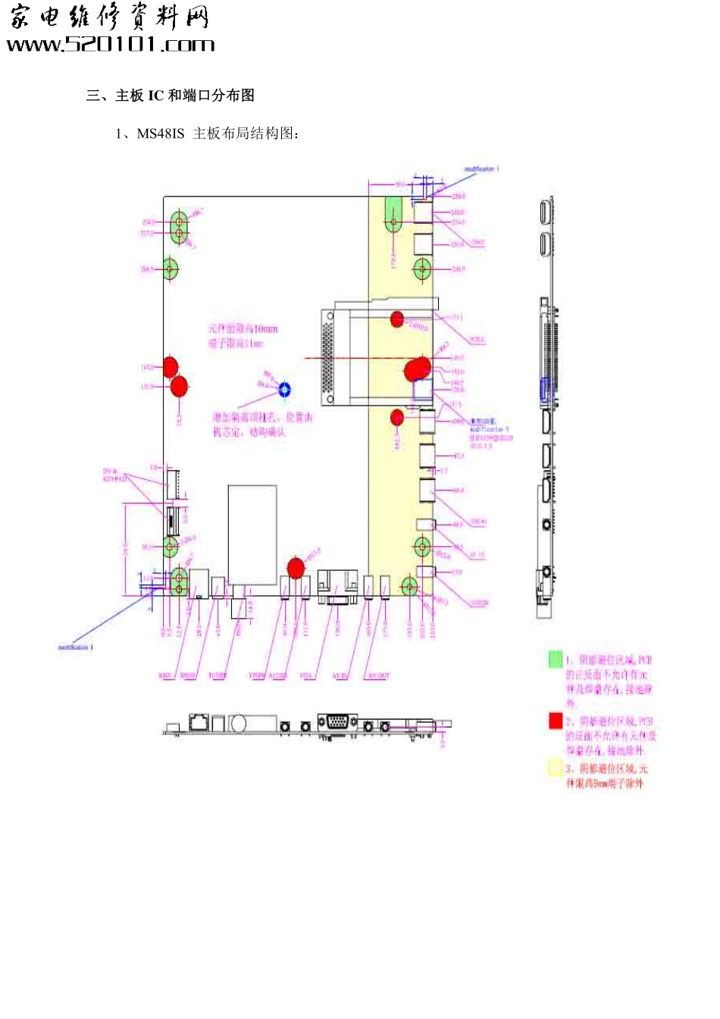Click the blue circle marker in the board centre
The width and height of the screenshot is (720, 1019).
click(x=285, y=390)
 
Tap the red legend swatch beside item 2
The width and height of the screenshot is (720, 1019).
click(x=556, y=721)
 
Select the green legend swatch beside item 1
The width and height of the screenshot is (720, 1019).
click(x=556, y=660)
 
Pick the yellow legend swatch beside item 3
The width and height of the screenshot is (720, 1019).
click(x=556, y=768)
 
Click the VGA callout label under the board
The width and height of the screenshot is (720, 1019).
click(x=306, y=676)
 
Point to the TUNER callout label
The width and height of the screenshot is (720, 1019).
click(x=218, y=676)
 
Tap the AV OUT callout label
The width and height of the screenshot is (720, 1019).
click(x=378, y=676)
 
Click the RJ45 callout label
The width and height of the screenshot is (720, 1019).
click(x=166, y=676)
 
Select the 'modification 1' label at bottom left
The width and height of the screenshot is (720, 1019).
click(x=76, y=647)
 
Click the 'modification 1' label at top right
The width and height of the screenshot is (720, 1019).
click(x=481, y=169)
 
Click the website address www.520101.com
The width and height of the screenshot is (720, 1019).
click(x=111, y=45)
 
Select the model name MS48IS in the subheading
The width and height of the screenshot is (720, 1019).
click(x=160, y=133)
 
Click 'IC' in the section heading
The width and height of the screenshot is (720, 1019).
click(x=155, y=96)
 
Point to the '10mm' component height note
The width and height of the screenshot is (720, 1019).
click(x=265, y=329)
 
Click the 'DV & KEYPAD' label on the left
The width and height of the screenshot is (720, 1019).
click(x=116, y=475)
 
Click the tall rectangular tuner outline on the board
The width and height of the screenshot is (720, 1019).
click(x=252, y=535)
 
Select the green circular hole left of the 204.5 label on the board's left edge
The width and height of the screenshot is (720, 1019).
click(x=171, y=268)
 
